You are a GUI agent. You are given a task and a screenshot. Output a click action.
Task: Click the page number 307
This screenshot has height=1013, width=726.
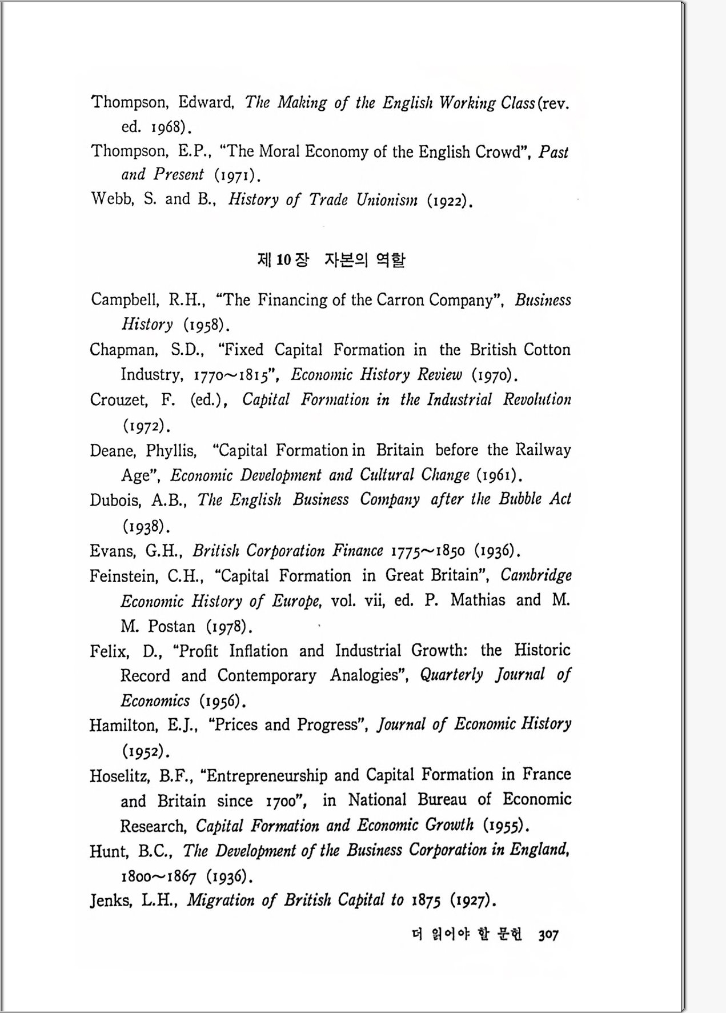pos(548,935)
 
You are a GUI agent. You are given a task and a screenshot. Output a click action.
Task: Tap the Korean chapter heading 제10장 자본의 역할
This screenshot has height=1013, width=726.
pos(331,260)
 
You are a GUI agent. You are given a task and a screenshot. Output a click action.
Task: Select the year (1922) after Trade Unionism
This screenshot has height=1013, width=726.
pos(450,201)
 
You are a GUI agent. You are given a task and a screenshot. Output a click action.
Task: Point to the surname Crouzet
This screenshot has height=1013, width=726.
pos(118,399)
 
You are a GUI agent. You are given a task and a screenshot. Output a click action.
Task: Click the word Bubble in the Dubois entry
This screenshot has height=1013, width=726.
pos(520,499)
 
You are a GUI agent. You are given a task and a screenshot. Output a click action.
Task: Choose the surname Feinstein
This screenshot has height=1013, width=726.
pos(122,576)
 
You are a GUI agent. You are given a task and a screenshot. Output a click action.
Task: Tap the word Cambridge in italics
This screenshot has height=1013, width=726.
pos(536,575)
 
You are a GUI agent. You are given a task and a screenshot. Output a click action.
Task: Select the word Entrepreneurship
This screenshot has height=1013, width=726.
pos(267,775)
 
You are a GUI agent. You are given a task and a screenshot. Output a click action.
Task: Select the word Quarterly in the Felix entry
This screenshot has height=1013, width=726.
pos(451,675)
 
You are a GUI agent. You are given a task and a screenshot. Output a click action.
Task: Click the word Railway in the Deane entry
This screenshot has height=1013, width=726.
pos(543,450)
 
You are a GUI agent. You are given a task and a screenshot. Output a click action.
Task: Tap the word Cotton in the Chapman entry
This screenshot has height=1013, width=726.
pos(547,350)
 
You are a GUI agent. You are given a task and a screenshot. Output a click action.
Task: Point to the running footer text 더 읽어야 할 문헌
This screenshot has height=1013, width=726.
pos(467,935)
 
